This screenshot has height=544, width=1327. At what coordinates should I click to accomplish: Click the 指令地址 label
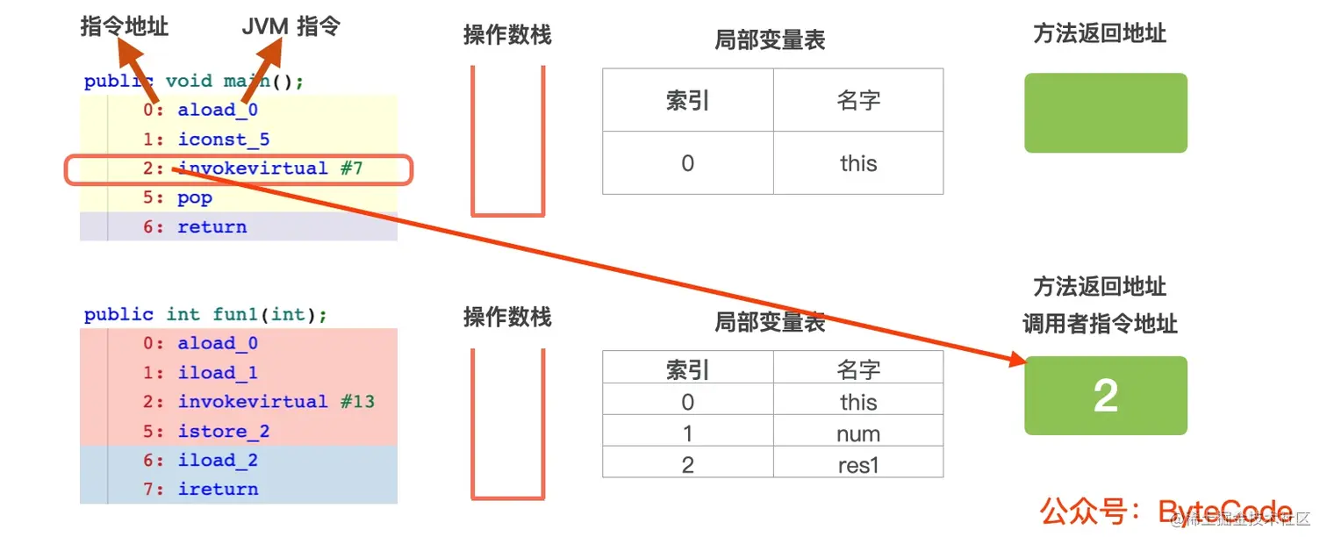[x=124, y=27]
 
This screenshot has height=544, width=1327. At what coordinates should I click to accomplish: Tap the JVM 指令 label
[x=291, y=27]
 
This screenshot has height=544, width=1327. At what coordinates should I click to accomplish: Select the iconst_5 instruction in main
[x=224, y=140]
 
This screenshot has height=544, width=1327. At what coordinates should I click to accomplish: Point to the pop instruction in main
[x=195, y=198]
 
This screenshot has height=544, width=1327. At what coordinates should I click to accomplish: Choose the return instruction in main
[x=212, y=227]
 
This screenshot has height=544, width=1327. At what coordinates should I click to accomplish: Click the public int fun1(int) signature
[x=206, y=314]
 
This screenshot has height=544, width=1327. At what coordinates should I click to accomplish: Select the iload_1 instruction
[x=218, y=373]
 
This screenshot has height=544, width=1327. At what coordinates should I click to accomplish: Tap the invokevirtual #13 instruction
[x=276, y=402]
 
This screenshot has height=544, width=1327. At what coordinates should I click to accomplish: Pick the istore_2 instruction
[x=224, y=432]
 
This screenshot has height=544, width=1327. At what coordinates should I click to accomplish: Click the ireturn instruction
[x=218, y=490]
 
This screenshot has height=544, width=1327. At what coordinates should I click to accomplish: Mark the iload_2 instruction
[x=218, y=461]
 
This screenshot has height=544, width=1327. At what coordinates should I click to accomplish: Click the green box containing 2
[x=1105, y=396]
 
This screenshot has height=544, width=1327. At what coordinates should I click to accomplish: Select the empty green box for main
[x=1105, y=113]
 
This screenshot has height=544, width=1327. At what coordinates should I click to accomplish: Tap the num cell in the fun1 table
[x=857, y=433]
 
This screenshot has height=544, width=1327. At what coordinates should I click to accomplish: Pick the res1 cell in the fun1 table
[x=857, y=464]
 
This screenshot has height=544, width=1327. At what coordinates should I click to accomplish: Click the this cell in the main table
[x=857, y=163]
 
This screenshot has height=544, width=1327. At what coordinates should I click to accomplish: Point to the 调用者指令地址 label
[x=1100, y=324]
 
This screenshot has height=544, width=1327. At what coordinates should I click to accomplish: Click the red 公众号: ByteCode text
[x=1166, y=512]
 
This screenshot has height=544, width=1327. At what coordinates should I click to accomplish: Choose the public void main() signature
[x=194, y=82]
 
